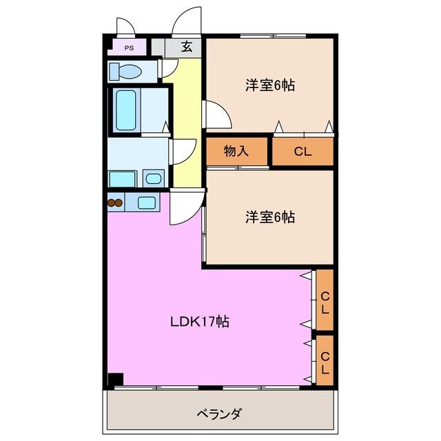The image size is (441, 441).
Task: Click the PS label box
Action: point(129,48)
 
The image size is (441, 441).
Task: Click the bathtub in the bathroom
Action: point(126,110)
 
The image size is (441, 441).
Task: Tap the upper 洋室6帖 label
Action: point(271,85)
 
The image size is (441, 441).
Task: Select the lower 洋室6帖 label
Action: point(271,216)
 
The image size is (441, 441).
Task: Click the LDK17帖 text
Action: point(200,321)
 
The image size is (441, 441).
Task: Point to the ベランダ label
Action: point(219,413)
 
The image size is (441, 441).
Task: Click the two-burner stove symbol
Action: point(114,203)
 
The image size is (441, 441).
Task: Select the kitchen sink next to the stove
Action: point(146,202)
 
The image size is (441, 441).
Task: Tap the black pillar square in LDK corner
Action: point(115,379)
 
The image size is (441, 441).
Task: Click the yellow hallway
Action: point(187,124)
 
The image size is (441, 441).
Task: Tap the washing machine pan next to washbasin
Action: point(123,178)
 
